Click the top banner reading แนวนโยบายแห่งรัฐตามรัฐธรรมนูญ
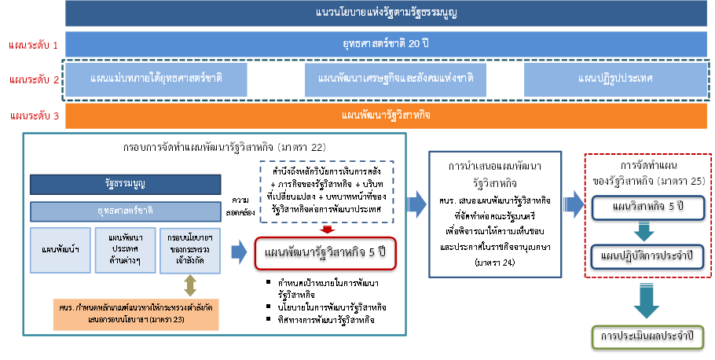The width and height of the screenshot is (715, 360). [x=387, y=13]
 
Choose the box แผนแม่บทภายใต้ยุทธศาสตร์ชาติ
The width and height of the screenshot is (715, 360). [x=156, y=79]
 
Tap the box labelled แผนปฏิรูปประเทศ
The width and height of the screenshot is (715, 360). [x=615, y=79]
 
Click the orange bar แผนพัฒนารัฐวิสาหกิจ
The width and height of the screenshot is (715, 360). [x=387, y=116]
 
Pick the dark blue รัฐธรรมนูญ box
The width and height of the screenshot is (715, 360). [x=125, y=184]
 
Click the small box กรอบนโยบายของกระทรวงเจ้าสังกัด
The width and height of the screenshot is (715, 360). [x=189, y=250]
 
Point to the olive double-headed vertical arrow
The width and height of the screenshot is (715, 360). [x=190, y=285]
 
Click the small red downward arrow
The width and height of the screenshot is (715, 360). [x=328, y=230]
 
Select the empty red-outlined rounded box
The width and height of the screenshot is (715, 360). [x=324, y=253]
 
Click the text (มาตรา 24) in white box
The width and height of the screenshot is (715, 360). [x=496, y=262]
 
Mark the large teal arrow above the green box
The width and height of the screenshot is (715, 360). [x=647, y=301]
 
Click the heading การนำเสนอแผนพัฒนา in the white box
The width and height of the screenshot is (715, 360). [x=496, y=167]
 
